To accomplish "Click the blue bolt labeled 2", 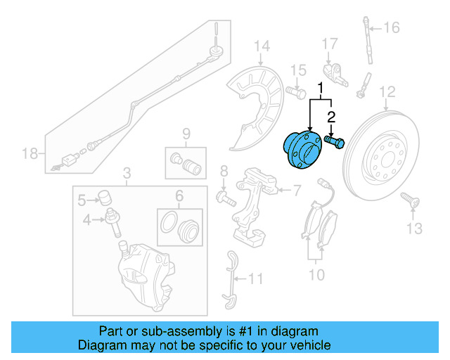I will [335, 143].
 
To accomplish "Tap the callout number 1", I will [321, 89].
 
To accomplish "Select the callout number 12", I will [387, 91].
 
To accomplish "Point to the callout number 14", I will [262, 47].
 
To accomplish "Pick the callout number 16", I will [391, 28].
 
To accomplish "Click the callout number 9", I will [186, 134].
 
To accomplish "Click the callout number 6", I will [179, 197].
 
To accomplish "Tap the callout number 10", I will [316, 274].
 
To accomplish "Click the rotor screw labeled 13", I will [411, 203].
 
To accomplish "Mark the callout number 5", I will [82, 200].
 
